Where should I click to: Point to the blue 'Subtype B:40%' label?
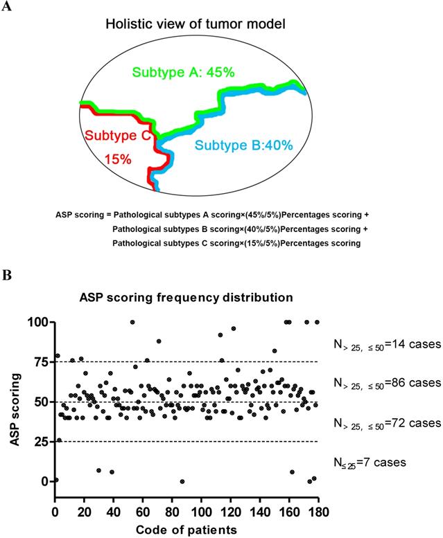244,145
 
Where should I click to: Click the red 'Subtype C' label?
117,135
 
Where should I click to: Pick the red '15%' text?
117,159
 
